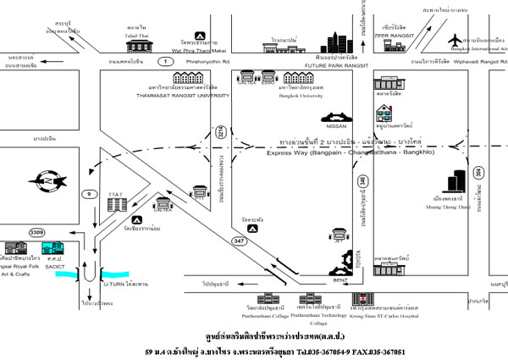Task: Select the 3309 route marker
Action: (x=36, y=231)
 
